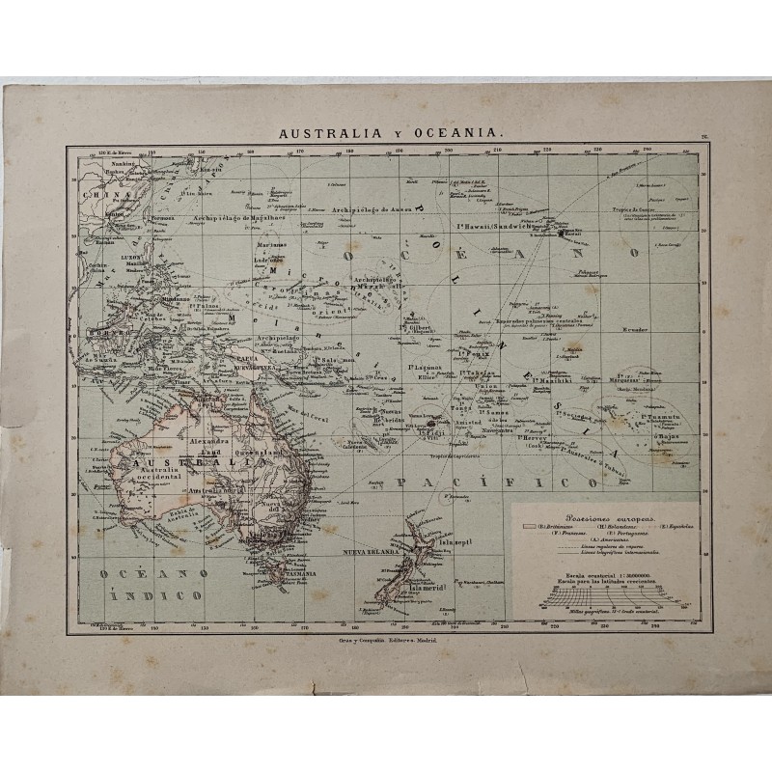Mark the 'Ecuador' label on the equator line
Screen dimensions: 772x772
pos(633,330)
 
